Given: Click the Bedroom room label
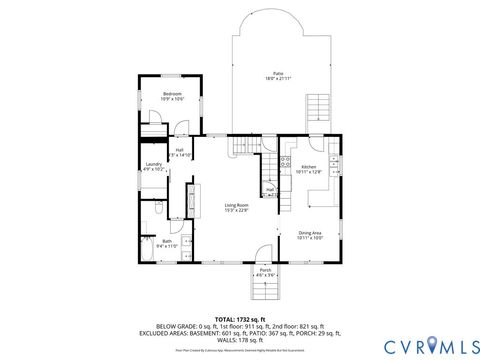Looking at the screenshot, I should (173, 94).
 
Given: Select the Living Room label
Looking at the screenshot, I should (236, 205).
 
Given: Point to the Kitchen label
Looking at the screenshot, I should (309, 167).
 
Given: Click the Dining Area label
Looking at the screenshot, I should (309, 232).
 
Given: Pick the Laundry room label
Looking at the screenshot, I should (153, 164).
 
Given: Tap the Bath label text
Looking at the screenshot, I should (167, 240).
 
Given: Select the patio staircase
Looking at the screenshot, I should (318, 107).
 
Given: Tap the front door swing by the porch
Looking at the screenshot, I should (261, 255).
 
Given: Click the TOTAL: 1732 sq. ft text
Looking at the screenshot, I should (239, 318).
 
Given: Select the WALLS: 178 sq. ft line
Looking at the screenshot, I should (239, 339).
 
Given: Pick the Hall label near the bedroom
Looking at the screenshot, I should (180, 150).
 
